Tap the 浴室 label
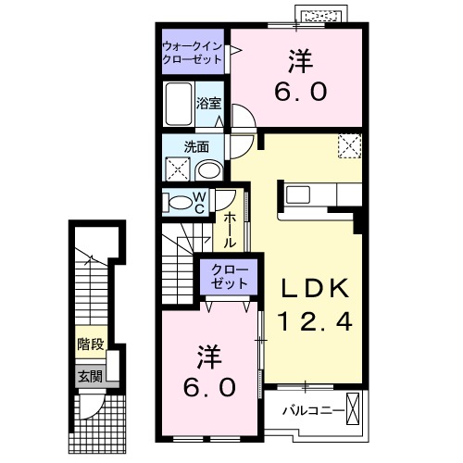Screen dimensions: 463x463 tap(209, 104)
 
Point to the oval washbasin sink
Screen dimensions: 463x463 tap(210, 169)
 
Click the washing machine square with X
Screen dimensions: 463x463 tap(177, 169)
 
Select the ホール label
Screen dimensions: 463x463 tap(229, 228)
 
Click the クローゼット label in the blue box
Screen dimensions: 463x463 tap(226, 277)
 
